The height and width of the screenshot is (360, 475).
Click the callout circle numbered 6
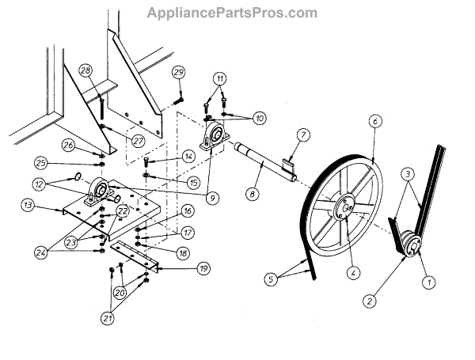pyautogui.click(x=374, y=121)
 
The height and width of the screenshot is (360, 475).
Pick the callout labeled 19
pyautogui.click(x=203, y=269)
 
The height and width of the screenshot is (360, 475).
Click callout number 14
pyautogui.click(x=188, y=157)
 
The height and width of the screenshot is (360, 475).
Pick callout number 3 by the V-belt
pyautogui.click(x=407, y=173)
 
